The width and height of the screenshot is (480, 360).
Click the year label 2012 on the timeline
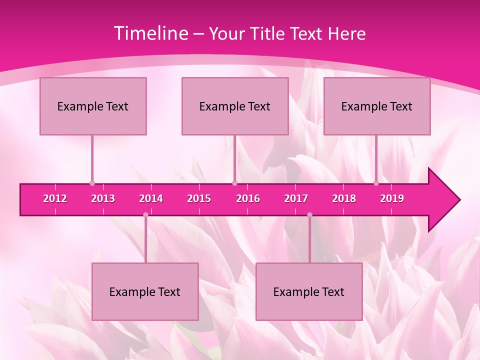(x=55, y=198)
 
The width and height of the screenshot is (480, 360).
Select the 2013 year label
(x=103, y=198)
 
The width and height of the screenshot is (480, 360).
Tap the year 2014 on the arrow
(x=151, y=198)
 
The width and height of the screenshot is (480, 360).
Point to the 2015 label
(x=199, y=198)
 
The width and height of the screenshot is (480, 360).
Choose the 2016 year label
(x=248, y=198)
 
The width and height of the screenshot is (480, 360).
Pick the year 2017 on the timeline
(x=296, y=198)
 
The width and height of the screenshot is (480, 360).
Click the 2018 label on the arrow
(x=344, y=198)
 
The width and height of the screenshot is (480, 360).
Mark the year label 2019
(x=392, y=198)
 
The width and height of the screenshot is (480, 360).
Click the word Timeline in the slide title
(x=150, y=33)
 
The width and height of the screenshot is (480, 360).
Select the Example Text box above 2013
(x=93, y=106)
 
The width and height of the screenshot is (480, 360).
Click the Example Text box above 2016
(x=235, y=106)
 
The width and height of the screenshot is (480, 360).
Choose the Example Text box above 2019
(x=377, y=106)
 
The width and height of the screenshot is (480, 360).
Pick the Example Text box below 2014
(x=145, y=291)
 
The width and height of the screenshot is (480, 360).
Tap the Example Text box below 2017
(x=309, y=291)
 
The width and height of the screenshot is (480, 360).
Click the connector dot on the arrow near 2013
(x=92, y=183)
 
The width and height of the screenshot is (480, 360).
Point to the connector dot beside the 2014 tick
(x=145, y=214)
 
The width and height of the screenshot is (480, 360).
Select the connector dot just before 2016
(x=234, y=183)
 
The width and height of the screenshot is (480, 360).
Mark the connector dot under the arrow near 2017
(x=309, y=214)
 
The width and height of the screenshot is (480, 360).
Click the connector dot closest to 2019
(x=376, y=183)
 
